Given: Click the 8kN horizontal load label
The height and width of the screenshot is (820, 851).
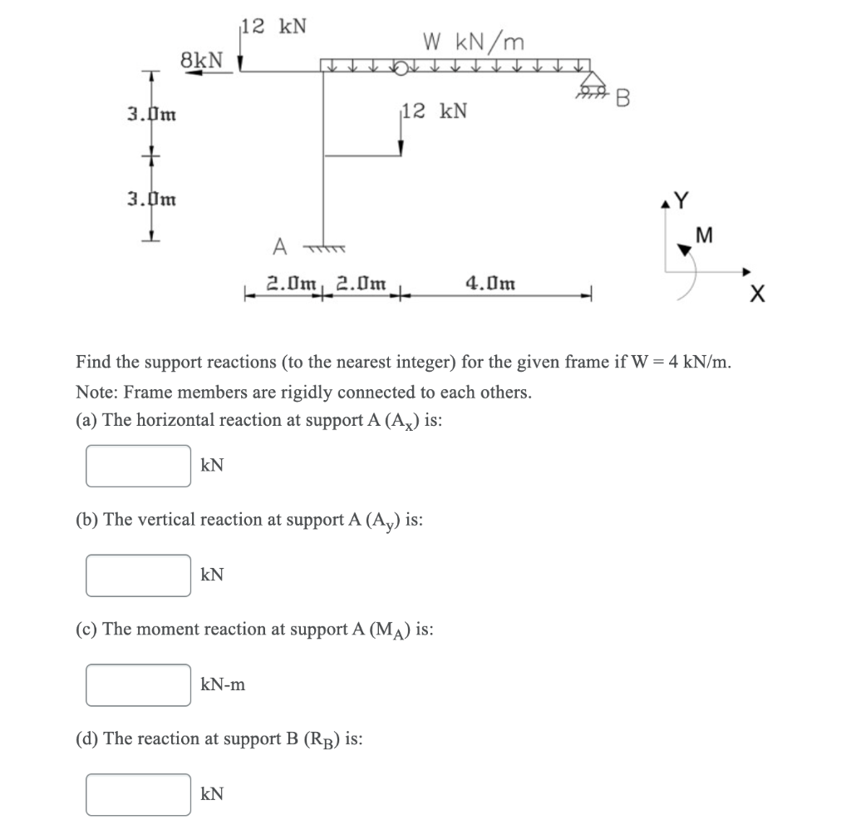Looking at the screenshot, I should point(202,59).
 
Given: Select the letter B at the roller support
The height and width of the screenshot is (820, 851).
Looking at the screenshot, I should point(624,99).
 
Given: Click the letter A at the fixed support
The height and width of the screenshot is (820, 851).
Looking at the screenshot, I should point(280,246).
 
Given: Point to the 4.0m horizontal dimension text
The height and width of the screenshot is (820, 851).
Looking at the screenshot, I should point(490,283).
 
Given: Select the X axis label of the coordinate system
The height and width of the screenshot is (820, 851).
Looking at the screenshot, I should point(755,294).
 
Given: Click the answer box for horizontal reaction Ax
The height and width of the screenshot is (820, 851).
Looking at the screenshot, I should point(138,466).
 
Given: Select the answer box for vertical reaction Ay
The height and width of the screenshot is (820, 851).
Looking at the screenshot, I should point(138,575).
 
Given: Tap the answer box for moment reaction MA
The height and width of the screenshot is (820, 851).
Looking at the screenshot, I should point(138,684).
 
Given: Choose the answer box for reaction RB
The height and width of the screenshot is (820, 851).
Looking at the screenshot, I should point(138,794).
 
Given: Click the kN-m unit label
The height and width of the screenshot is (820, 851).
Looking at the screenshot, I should point(223,685).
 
